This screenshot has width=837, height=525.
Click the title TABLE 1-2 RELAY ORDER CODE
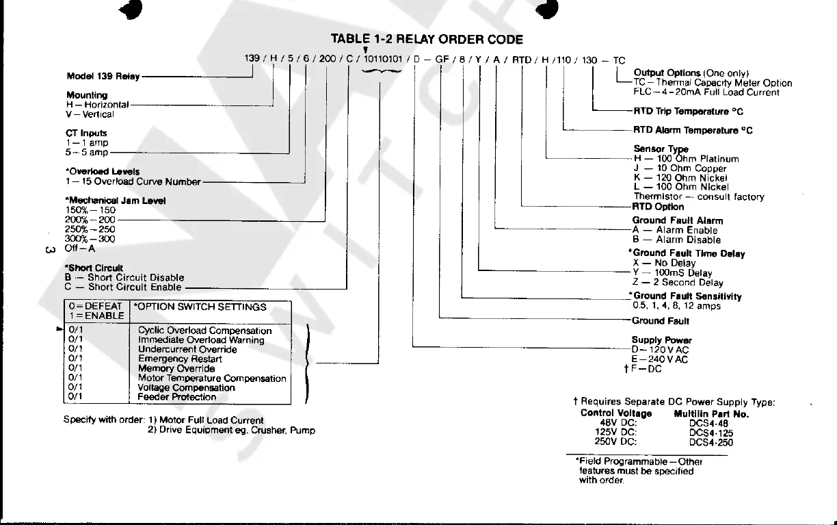pyautogui.click(x=426, y=40)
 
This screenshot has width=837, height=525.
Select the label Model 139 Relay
pyautogui.click(x=103, y=76)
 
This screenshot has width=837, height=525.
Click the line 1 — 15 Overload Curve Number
pyautogui.click(x=133, y=182)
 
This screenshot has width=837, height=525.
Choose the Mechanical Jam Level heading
pyautogui.click(x=116, y=201)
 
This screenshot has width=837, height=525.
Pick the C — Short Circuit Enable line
pyautogui.click(x=124, y=287)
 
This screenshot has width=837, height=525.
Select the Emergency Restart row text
pyautogui.click(x=180, y=359)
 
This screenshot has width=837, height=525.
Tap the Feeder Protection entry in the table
pyautogui.click(x=177, y=397)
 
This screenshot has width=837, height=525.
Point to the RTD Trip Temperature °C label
pyautogui.click(x=688, y=111)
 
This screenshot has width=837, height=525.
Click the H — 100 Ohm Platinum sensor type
pyautogui.click(x=687, y=159)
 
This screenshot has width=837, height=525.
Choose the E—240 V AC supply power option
pyautogui.click(x=659, y=359)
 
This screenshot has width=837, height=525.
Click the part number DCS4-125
pyautogui.click(x=711, y=433)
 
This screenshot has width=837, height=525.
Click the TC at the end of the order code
pyautogui.click(x=619, y=60)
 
